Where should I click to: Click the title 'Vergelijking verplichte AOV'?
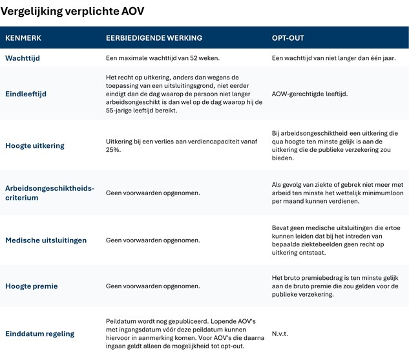click(72, 12)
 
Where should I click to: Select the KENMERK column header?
click(23, 38)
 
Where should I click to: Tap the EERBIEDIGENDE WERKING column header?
click(154, 38)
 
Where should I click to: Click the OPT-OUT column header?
click(288, 38)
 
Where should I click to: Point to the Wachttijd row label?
click(23, 58)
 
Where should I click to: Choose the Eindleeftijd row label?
click(26, 94)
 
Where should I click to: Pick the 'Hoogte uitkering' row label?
click(35, 145)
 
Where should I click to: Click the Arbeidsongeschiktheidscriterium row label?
click(50, 193)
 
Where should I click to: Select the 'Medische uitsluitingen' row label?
click(46, 240)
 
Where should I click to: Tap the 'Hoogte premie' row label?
click(31, 286)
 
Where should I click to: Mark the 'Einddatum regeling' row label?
click(40, 334)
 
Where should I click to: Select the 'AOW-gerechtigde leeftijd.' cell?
click(309, 94)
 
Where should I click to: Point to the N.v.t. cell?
click(280, 334)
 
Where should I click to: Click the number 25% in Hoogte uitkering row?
click(114, 150)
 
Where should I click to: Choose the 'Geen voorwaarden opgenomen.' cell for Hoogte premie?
click(152, 286)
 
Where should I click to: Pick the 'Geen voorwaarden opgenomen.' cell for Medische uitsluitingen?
click(152, 240)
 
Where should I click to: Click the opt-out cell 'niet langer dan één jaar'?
click(333, 58)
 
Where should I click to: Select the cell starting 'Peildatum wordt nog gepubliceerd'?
click(180, 334)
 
